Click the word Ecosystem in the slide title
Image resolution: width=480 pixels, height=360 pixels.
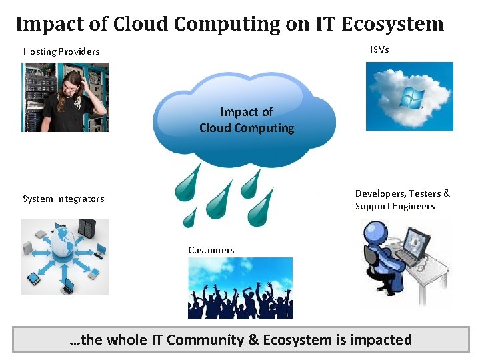(x=393, y=24)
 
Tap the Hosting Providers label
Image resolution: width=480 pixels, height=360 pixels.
(x=61, y=51)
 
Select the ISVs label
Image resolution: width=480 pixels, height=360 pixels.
(x=379, y=49)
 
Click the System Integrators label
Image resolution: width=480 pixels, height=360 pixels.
(x=63, y=199)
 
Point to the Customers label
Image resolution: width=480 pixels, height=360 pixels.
(x=211, y=250)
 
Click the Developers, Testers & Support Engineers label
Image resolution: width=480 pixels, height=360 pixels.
(x=403, y=199)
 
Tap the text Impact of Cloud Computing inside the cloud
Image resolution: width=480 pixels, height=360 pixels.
(x=247, y=120)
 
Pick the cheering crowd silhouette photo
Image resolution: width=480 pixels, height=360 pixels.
(x=240, y=288)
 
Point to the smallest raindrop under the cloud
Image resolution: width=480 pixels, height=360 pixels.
(x=191, y=217)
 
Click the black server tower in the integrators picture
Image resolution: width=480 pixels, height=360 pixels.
(x=87, y=229)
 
